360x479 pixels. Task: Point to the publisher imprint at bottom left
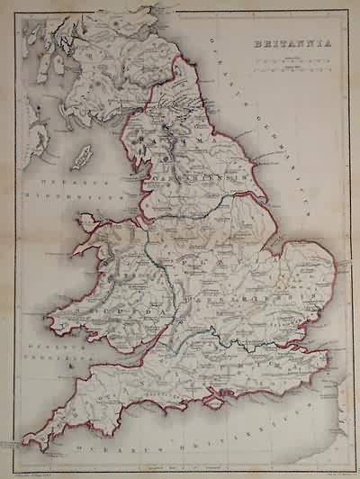click(x=36, y=465)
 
